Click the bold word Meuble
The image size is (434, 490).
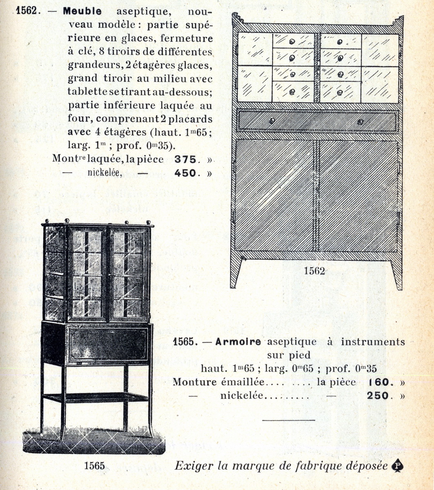[82, 11]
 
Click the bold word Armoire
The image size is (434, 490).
[238, 342]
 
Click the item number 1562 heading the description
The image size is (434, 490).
[27, 11]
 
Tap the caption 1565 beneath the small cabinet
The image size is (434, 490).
[94, 465]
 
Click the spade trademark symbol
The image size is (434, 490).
[397, 466]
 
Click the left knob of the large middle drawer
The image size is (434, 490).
[272, 120]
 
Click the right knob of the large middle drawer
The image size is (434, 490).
[360, 121]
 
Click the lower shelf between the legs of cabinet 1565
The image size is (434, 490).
[96, 397]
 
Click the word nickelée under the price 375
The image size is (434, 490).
[105, 173]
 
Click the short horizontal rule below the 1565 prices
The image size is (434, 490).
[289, 419]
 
